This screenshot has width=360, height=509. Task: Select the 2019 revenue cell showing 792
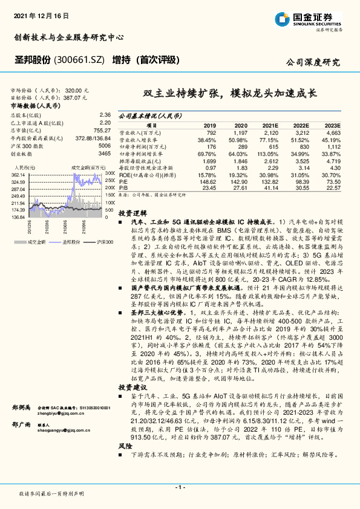211,132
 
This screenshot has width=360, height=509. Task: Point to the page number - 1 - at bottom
180,487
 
